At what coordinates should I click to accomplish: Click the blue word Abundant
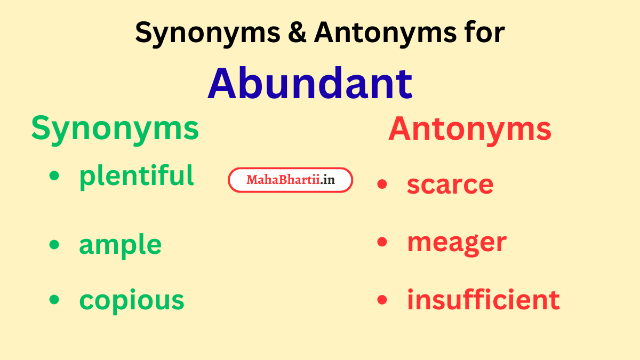pyautogui.click(x=310, y=83)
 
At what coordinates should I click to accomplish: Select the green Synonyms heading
pyautogui.click(x=115, y=129)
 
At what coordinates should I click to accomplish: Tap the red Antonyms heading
pyautogui.click(x=470, y=129)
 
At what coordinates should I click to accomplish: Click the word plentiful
pyautogui.click(x=137, y=175)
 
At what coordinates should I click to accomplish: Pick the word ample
pyautogui.click(x=120, y=245)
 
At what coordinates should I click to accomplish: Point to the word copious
pyautogui.click(x=132, y=300)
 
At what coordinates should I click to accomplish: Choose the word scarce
pyautogui.click(x=450, y=185)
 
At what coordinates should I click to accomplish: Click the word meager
pyautogui.click(x=457, y=243)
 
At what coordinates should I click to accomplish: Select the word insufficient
pyautogui.click(x=483, y=300)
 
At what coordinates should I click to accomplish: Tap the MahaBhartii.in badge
pyautogui.click(x=291, y=180)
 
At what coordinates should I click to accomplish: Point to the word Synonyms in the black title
pyautogui.click(x=207, y=33)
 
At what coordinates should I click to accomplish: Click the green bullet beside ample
pyautogui.click(x=54, y=244)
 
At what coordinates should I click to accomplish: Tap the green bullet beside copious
pyautogui.click(x=54, y=300)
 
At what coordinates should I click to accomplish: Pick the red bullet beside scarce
pyautogui.click(x=382, y=184)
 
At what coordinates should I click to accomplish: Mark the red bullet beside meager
pyautogui.click(x=382, y=242)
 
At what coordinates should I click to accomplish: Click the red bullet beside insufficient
pyautogui.click(x=382, y=300)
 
